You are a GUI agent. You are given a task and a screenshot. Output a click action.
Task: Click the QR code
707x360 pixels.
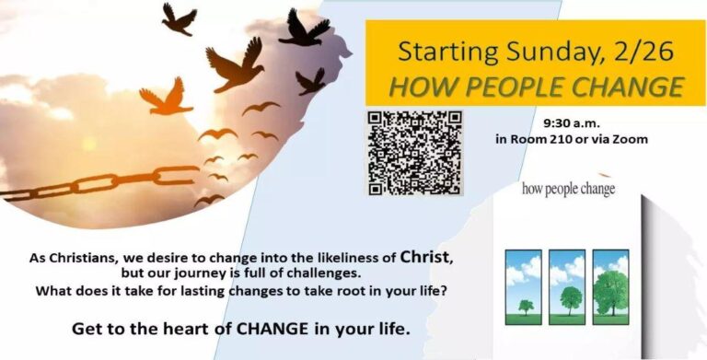414,153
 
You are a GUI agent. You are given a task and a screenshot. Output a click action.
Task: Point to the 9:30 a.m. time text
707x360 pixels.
572,122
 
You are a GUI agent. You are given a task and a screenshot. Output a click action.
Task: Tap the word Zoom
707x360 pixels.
632,139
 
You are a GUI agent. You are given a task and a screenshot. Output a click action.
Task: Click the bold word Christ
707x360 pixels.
425,258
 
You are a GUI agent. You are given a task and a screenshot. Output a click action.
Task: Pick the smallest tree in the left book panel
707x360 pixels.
526,307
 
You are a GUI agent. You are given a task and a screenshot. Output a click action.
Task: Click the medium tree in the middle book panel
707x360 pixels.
571,300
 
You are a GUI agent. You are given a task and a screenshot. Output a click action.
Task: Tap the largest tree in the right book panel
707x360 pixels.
611,293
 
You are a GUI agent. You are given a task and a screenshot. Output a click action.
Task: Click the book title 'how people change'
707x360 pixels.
568,189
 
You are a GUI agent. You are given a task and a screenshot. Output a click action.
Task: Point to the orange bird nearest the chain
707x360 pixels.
166,96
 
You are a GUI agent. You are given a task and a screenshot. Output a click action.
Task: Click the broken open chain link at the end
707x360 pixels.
177,175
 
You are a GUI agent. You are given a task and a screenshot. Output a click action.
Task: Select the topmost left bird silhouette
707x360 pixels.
179,19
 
